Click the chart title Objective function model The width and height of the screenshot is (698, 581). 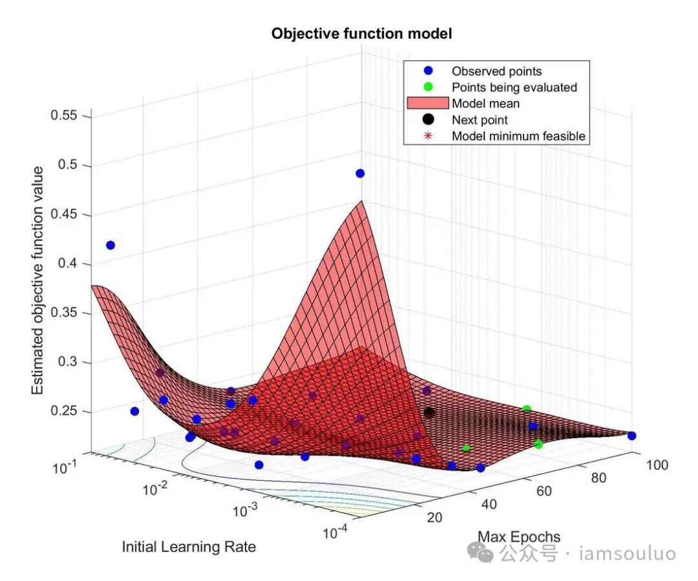(361, 34)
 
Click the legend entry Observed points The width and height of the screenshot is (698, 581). (496, 71)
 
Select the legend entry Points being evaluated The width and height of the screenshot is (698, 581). (514, 87)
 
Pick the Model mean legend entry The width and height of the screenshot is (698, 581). (485, 103)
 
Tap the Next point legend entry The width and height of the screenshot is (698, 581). (480, 120)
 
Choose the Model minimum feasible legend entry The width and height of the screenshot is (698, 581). (518, 136)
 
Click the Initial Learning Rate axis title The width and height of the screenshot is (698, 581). (189, 547)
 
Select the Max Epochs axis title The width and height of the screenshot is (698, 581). (519, 536)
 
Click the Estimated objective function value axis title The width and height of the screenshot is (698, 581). (38, 281)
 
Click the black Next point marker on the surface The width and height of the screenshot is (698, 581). (429, 412)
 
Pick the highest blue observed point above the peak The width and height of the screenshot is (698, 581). (360, 173)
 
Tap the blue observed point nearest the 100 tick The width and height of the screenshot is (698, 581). (631, 436)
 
